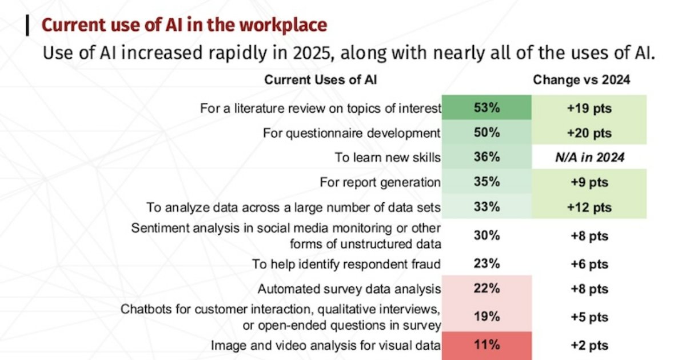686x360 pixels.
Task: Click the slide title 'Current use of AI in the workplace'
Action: click(x=184, y=26)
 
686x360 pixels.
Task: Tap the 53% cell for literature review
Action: click(x=486, y=108)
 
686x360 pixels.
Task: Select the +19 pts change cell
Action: click(x=589, y=108)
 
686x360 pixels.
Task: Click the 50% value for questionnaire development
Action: click(x=486, y=133)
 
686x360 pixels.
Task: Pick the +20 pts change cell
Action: click(x=589, y=133)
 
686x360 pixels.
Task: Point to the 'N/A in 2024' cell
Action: click(x=589, y=158)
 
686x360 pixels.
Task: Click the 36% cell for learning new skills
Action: click(x=486, y=158)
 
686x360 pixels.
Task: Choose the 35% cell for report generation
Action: click(x=486, y=182)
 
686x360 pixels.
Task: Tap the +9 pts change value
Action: click(x=589, y=182)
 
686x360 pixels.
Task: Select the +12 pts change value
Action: click(x=589, y=207)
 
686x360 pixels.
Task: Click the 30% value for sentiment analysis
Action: click(x=486, y=235)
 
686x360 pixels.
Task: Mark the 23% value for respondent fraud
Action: click(x=486, y=264)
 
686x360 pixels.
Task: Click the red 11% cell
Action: click(x=486, y=345)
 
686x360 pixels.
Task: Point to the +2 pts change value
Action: click(x=589, y=345)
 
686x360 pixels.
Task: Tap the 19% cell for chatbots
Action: click(x=486, y=317)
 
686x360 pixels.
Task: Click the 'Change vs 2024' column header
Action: click(x=581, y=80)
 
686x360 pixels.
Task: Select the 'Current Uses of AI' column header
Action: click(x=320, y=80)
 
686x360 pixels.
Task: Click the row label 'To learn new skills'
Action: click(x=388, y=158)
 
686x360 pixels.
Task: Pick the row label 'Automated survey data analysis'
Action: click(x=349, y=289)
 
